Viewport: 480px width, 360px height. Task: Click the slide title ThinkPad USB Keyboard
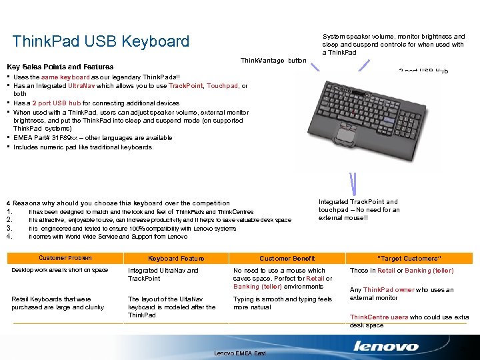coord(101,41)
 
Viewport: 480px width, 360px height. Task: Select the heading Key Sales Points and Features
coord(60,67)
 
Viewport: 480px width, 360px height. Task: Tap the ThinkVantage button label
coord(273,61)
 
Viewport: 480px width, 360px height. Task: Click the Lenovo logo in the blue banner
coord(386,346)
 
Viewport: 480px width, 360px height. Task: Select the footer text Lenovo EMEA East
coord(240,352)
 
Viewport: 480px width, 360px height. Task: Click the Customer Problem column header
coord(65,258)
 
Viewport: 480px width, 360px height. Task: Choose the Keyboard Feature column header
coord(176,258)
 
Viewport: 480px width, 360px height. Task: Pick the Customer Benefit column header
coord(287,258)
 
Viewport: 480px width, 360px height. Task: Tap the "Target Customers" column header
coord(409,258)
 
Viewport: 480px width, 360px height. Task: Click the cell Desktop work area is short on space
coord(60,270)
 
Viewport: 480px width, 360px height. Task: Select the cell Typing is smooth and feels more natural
coord(282,303)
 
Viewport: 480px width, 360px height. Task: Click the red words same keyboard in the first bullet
coord(65,78)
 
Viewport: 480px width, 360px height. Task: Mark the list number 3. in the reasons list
coord(9,228)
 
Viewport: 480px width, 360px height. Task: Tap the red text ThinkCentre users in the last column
coord(379,317)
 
